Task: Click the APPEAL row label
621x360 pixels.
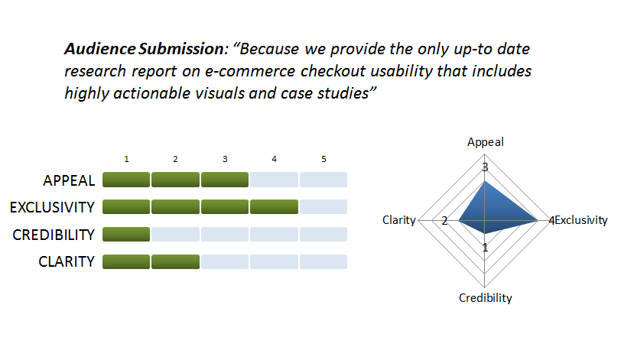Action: (69, 180)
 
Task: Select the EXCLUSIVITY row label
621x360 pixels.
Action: (52, 207)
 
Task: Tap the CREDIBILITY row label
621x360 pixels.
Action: (54, 235)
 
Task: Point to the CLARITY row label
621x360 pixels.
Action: (67, 261)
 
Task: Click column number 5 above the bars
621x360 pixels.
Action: (324, 159)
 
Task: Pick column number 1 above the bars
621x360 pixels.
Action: (126, 159)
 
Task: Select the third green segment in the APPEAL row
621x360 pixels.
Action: (225, 180)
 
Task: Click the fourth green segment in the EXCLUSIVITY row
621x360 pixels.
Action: (274, 207)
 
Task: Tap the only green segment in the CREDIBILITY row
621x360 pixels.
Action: (126, 234)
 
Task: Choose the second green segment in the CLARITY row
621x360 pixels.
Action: (175, 262)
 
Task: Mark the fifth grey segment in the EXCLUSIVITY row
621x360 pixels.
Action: (324, 207)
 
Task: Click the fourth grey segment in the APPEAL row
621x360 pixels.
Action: (274, 180)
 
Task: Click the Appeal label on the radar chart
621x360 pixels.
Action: (486, 142)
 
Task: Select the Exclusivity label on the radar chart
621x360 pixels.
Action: (581, 220)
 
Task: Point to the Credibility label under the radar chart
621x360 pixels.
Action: (486, 298)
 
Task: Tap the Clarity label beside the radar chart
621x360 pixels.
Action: (398, 220)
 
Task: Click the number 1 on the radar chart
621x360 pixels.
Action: (485, 248)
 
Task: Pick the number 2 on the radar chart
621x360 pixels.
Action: (444, 221)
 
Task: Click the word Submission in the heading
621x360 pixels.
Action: (182, 49)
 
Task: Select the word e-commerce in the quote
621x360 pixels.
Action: (250, 71)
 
